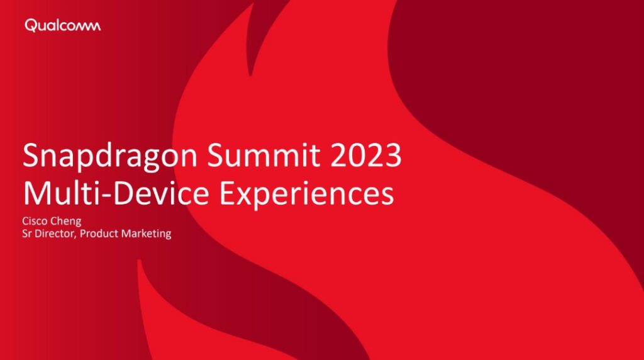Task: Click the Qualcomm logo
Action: pyautogui.click(x=62, y=25)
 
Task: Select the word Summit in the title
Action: pyautogui.click(x=264, y=155)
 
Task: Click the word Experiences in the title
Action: pyautogui.click(x=307, y=194)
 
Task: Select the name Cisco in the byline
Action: pyautogui.click(x=35, y=221)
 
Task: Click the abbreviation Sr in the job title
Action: pyautogui.click(x=26, y=234)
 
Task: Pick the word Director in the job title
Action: pyautogui.click(x=55, y=234)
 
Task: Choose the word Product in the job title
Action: pyautogui.click(x=99, y=234)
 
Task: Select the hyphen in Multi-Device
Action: pyautogui.click(x=106, y=196)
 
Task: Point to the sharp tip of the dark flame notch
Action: pyautogui.click(x=250, y=75)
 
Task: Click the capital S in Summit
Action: pyautogui.click(x=216, y=155)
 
